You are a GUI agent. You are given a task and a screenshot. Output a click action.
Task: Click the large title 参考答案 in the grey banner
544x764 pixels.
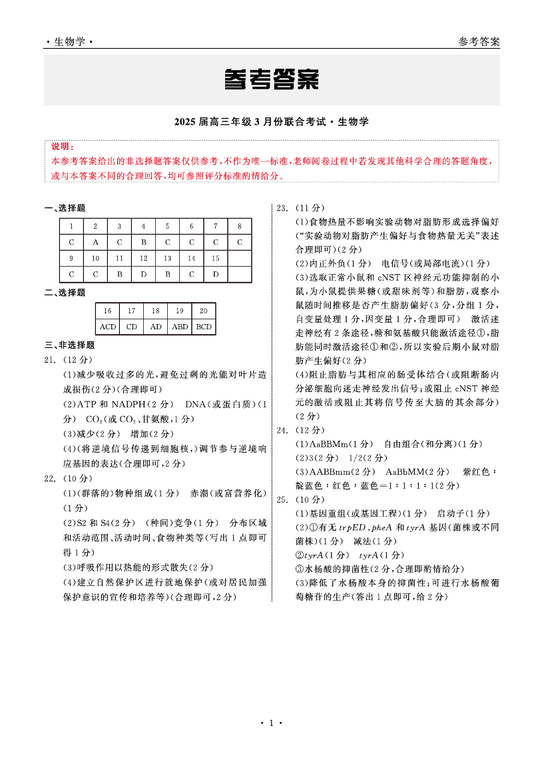point(271,79)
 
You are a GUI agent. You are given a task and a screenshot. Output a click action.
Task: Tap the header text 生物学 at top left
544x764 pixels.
point(70,41)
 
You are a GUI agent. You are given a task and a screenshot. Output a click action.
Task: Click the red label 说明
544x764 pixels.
point(63,147)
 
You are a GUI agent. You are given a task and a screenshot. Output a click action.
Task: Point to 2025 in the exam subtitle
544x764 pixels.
point(184,122)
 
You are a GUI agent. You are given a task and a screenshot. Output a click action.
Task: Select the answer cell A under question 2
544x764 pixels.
point(95,242)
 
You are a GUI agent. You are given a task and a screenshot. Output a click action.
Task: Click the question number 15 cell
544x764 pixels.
point(215,258)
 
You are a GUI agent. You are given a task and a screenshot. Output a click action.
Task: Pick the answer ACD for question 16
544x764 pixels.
point(107,327)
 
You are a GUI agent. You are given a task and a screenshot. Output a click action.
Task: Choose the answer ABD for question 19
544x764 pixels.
point(179,327)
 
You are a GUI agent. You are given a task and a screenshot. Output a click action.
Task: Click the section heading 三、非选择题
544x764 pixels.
point(69,345)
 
